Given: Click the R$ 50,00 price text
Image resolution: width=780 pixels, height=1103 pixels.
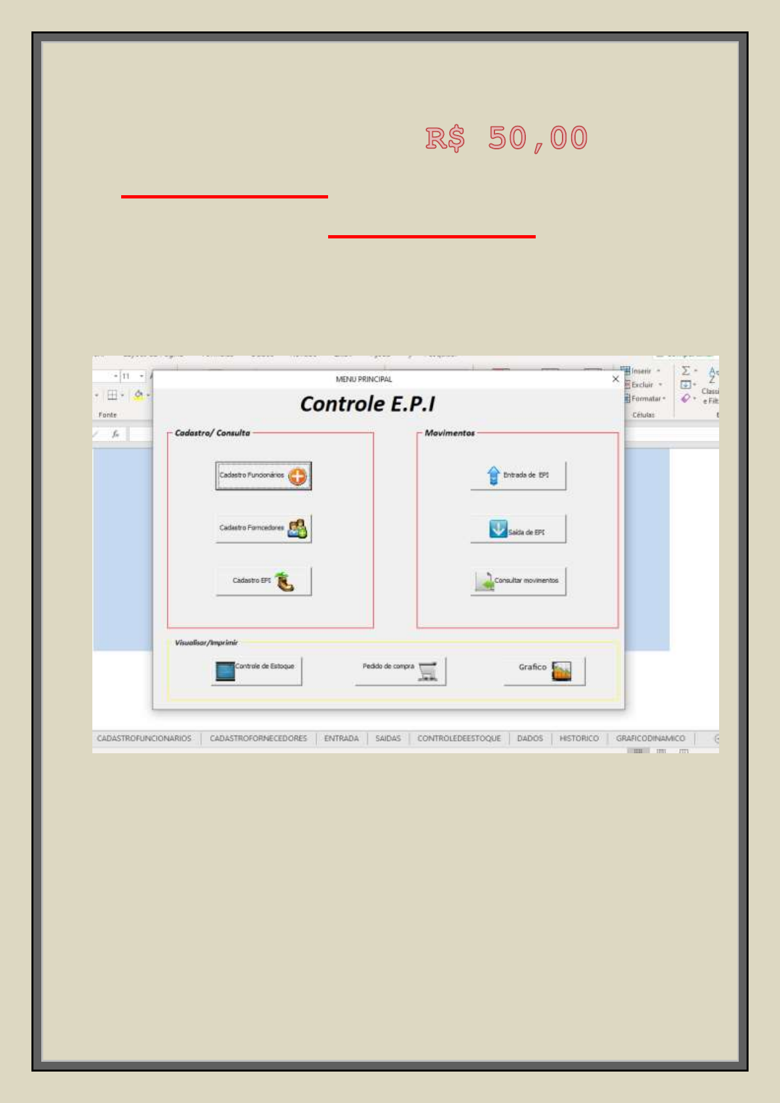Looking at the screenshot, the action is coord(506,139).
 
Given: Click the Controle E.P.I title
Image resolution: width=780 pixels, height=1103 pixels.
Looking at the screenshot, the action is coord(367,404).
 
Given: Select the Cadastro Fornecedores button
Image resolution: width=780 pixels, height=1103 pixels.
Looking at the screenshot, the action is coord(263,529).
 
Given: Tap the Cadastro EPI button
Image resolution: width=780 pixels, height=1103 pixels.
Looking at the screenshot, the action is coord(263,581).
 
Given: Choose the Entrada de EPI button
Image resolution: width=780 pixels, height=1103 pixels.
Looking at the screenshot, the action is coord(518,476).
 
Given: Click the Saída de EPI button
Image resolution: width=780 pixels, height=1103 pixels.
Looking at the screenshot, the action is coord(518,529).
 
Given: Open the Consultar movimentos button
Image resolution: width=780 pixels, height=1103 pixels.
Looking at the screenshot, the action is coord(518,581).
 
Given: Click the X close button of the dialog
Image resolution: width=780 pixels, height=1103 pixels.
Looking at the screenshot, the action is coord(616,379).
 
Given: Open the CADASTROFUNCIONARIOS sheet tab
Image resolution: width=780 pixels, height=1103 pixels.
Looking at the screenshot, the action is coord(144,739).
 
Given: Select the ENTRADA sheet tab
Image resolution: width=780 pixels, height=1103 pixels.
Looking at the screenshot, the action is coord(341,739).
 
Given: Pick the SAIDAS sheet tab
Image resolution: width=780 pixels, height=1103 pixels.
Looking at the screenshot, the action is coord(388,739).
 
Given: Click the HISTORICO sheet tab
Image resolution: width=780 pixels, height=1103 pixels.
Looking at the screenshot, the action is coord(579,739).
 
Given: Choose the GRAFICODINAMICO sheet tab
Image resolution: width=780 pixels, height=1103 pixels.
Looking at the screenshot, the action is coord(650,739).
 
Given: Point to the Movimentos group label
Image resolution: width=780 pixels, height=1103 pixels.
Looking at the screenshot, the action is coord(449,434).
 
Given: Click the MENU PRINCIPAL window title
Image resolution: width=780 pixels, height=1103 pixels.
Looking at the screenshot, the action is coord(363,379).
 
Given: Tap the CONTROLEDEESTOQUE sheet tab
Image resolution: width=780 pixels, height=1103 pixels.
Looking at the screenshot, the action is coord(459,739).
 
